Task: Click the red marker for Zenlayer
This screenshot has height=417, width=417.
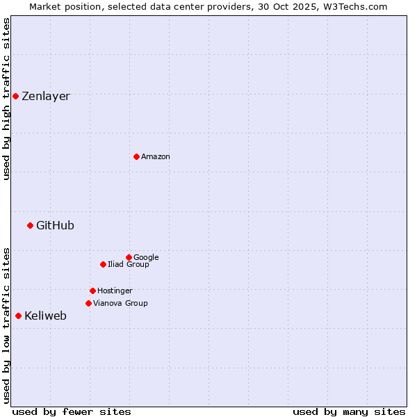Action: pyautogui.click(x=15, y=96)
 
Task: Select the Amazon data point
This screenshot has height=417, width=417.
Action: pyautogui.click(x=136, y=156)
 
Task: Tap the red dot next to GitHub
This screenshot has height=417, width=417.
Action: pyautogui.click(x=30, y=225)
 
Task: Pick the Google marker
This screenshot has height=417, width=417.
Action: pyautogui.click(x=129, y=257)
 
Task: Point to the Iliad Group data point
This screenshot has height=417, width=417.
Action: pyautogui.click(x=103, y=264)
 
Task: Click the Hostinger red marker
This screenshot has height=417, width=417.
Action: pyautogui.click(x=92, y=291)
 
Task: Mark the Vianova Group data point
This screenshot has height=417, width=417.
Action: pyautogui.click(x=88, y=303)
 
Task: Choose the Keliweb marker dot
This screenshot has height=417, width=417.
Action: pyautogui.click(x=18, y=316)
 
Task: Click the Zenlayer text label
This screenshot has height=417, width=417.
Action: pyautogui.click(x=46, y=97)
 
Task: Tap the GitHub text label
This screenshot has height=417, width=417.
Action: pyautogui.click(x=55, y=225)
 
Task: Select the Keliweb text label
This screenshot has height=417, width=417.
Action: pyautogui.click(x=45, y=316)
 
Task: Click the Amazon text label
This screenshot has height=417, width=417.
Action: pyautogui.click(x=155, y=157)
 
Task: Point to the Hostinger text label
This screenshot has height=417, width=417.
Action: pyautogui.click(x=115, y=291)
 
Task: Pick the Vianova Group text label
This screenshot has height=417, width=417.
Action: pyautogui.click(x=120, y=304)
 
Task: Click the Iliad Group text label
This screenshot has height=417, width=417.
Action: pyautogui.click(x=128, y=265)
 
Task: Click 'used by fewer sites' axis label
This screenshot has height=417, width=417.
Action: pyautogui.click(x=72, y=411)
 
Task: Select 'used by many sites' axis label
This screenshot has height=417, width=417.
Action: pyautogui.click(x=349, y=411)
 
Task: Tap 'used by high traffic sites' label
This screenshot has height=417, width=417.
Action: pyautogui.click(x=6, y=99)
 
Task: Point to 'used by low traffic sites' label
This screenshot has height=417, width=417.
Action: pyautogui.click(x=6, y=325)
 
